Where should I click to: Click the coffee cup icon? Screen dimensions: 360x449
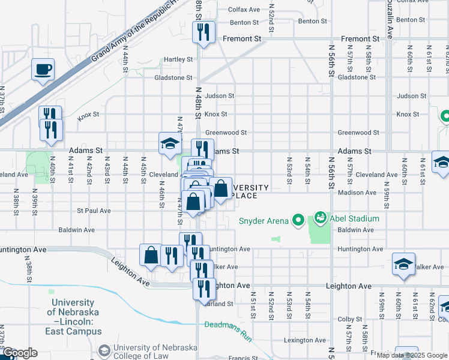coord(43,70)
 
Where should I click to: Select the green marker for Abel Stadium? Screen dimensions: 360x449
coord(320,216)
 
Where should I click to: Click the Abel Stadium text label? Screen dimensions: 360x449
coord(354,219)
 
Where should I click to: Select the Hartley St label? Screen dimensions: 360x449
coord(179,59)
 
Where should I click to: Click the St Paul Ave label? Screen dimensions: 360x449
coord(94,211)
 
